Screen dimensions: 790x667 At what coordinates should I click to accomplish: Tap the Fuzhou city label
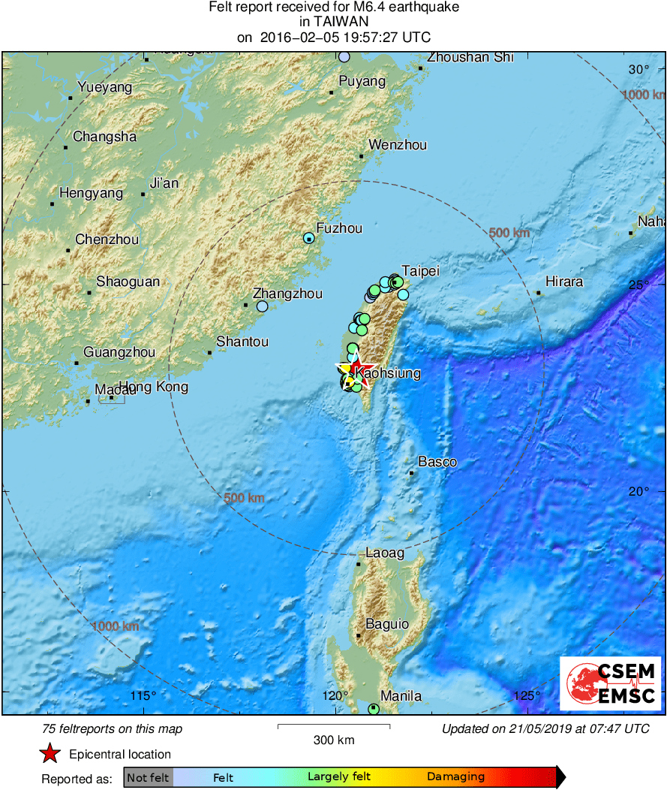pos(339,228)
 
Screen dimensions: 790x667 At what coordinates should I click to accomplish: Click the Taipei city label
pos(420,270)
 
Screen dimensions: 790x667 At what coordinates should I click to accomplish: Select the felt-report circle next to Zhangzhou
pos(262,306)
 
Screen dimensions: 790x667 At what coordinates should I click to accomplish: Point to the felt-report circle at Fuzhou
pos(308,238)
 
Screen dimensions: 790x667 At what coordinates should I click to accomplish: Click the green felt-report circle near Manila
pos(374,708)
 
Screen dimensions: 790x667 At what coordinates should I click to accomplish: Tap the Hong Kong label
pos(154,387)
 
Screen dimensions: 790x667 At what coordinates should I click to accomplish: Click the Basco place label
pos(437,462)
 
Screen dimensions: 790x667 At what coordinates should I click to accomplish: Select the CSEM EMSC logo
pos(609,683)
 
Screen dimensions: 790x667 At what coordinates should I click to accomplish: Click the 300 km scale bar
pos(334,726)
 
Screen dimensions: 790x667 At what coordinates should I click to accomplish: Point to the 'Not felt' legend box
pos(148,777)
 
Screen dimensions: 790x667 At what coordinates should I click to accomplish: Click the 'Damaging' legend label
pos(455,777)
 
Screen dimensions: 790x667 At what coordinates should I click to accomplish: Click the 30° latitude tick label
pos(639,70)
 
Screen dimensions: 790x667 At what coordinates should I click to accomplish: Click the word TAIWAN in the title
pos(333,23)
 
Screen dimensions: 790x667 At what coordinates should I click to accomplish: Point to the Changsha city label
pos(104,137)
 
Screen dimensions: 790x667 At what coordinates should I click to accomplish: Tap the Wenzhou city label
pos(398,145)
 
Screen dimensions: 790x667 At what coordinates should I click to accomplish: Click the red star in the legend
pos(50,754)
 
